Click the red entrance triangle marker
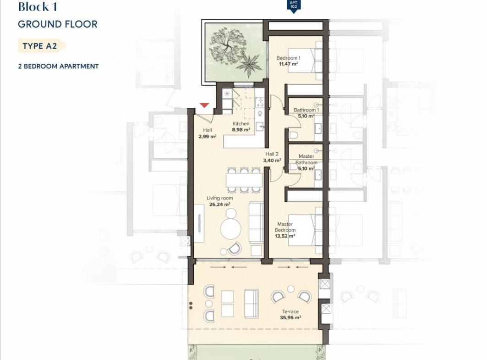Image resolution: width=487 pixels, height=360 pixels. (204, 105)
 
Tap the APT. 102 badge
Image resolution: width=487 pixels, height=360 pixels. (294, 6)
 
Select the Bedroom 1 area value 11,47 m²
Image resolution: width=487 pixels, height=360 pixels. (289, 64)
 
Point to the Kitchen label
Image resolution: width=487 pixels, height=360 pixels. (241, 123)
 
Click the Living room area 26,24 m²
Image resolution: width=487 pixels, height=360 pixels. (220, 204)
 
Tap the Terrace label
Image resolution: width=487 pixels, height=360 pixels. (290, 311)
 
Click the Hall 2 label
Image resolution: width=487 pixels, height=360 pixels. (272, 154)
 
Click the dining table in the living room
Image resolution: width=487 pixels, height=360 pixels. (244, 180)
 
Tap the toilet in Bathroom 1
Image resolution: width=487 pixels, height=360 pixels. (294, 134)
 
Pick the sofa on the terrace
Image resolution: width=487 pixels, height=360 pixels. (252, 304)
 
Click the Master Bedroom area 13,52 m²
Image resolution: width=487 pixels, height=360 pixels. (285, 236)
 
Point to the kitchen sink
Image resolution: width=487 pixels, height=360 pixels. (260, 126)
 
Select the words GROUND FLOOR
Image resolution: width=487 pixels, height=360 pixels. (58, 24)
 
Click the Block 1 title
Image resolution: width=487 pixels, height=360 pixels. (38, 7)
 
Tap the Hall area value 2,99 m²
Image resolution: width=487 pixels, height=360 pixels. (208, 136)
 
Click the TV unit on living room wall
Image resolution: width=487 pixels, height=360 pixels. (199, 223)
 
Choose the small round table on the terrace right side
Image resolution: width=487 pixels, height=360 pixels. (291, 289)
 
